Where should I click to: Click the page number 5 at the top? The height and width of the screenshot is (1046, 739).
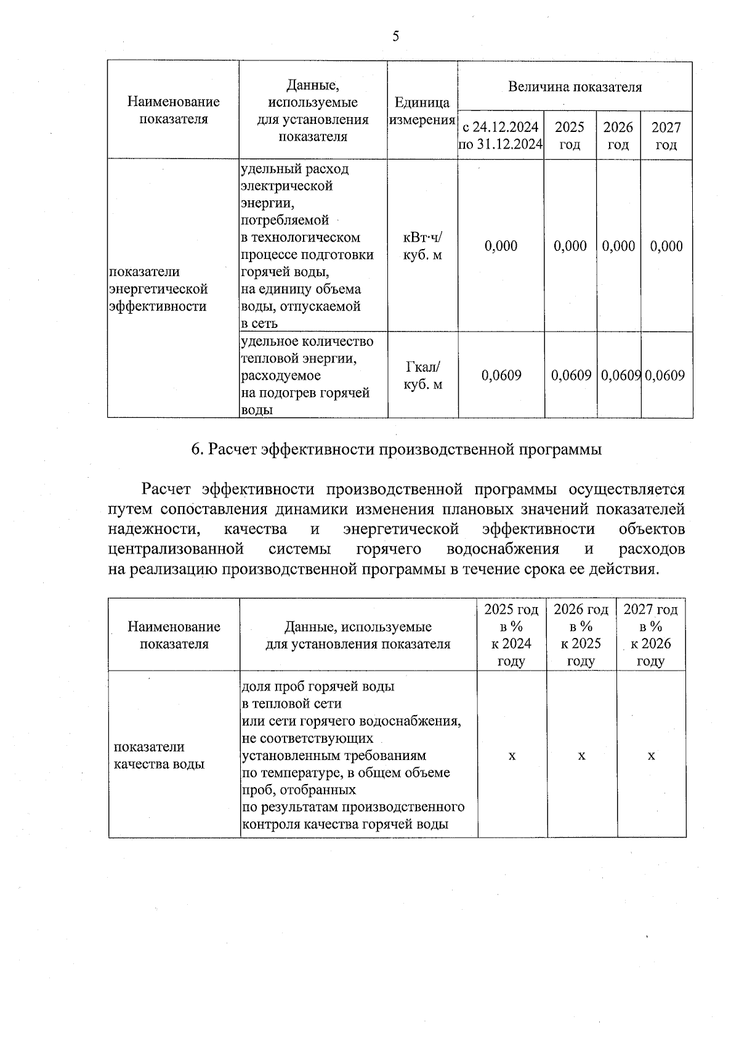[x=395, y=36]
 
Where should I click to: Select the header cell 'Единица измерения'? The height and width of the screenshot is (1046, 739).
[x=422, y=111]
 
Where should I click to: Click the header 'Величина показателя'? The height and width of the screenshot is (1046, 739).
[x=575, y=87]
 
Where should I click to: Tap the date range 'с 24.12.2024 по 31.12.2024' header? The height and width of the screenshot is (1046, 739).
[x=501, y=136]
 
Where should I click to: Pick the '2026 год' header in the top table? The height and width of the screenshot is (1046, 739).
[x=618, y=136]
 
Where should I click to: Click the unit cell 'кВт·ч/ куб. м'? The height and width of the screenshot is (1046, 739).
[x=422, y=246]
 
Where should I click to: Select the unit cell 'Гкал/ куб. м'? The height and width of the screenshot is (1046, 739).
[x=422, y=375]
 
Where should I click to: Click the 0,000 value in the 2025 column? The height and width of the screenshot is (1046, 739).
[x=570, y=246]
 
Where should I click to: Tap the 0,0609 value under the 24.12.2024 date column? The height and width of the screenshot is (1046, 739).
[x=501, y=375]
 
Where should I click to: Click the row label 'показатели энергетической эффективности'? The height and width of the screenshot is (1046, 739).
[x=158, y=289]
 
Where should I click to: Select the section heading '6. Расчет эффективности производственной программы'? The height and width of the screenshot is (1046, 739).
[x=396, y=449]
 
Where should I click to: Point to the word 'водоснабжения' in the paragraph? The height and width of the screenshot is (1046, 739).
[x=503, y=549]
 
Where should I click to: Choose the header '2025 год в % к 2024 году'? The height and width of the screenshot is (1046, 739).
[x=511, y=635]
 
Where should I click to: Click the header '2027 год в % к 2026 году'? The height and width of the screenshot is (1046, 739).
[x=650, y=635]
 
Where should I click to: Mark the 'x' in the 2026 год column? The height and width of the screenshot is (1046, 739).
[x=581, y=755]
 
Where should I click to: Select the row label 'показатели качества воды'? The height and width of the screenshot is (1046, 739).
[x=159, y=755]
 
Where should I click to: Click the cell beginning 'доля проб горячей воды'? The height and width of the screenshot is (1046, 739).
[x=353, y=755]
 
